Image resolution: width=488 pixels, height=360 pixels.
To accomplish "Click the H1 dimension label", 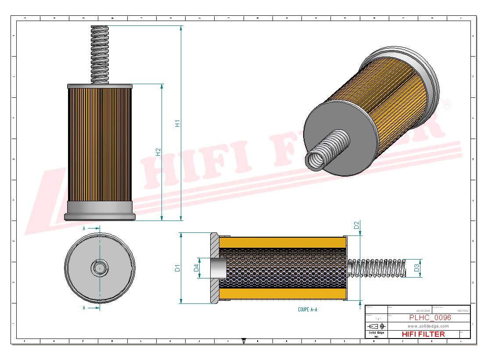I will [178, 123].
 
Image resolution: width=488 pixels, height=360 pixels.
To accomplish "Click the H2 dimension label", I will [158, 152].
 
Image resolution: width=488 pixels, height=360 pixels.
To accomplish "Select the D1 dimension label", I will [177, 267].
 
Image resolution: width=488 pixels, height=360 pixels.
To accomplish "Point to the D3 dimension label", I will [417, 267].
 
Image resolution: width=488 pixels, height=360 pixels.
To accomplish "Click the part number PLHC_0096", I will [430, 318].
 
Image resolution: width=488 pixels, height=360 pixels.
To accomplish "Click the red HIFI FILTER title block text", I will [423, 334].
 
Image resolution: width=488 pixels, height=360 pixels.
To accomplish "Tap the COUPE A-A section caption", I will [307, 310].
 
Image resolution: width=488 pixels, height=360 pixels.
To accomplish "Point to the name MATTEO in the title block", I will [463, 310].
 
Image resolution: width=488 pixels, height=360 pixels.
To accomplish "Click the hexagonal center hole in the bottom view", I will [100, 267].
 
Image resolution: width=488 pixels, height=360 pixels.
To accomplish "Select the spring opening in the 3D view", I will [315, 160].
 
